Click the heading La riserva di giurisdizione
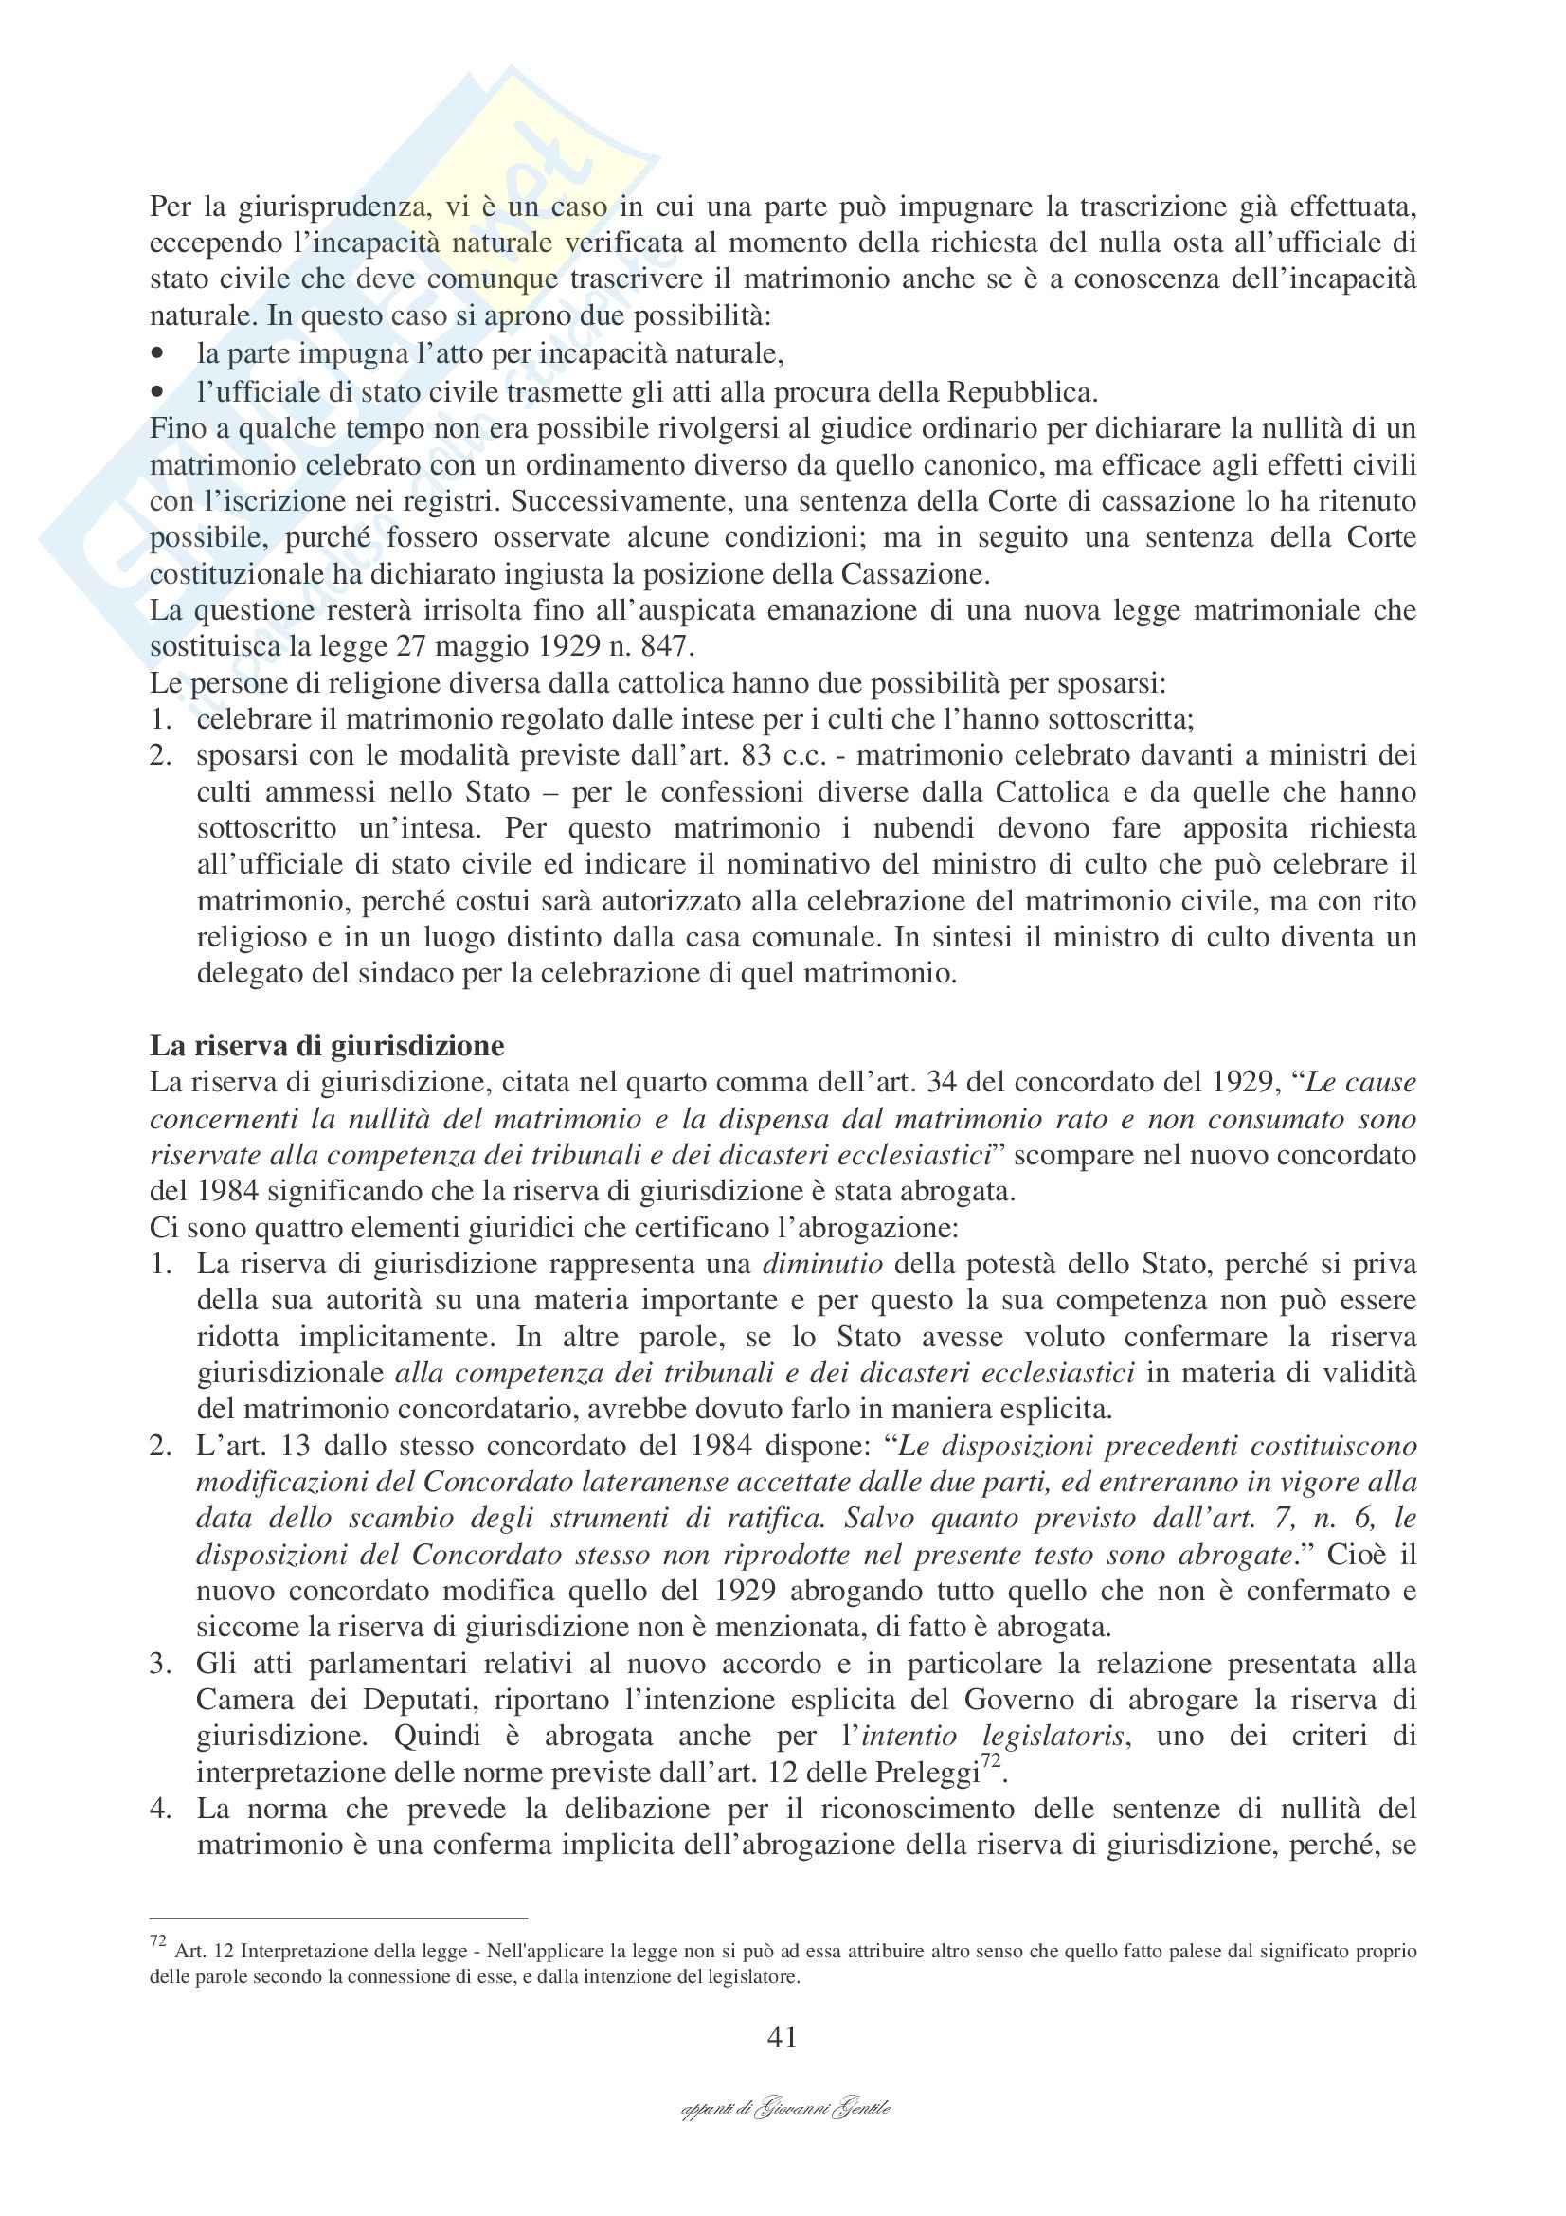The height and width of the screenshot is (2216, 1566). coord(326,1046)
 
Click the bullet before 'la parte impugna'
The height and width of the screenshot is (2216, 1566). coord(158,354)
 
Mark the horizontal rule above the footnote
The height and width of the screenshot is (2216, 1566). coord(337,1919)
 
